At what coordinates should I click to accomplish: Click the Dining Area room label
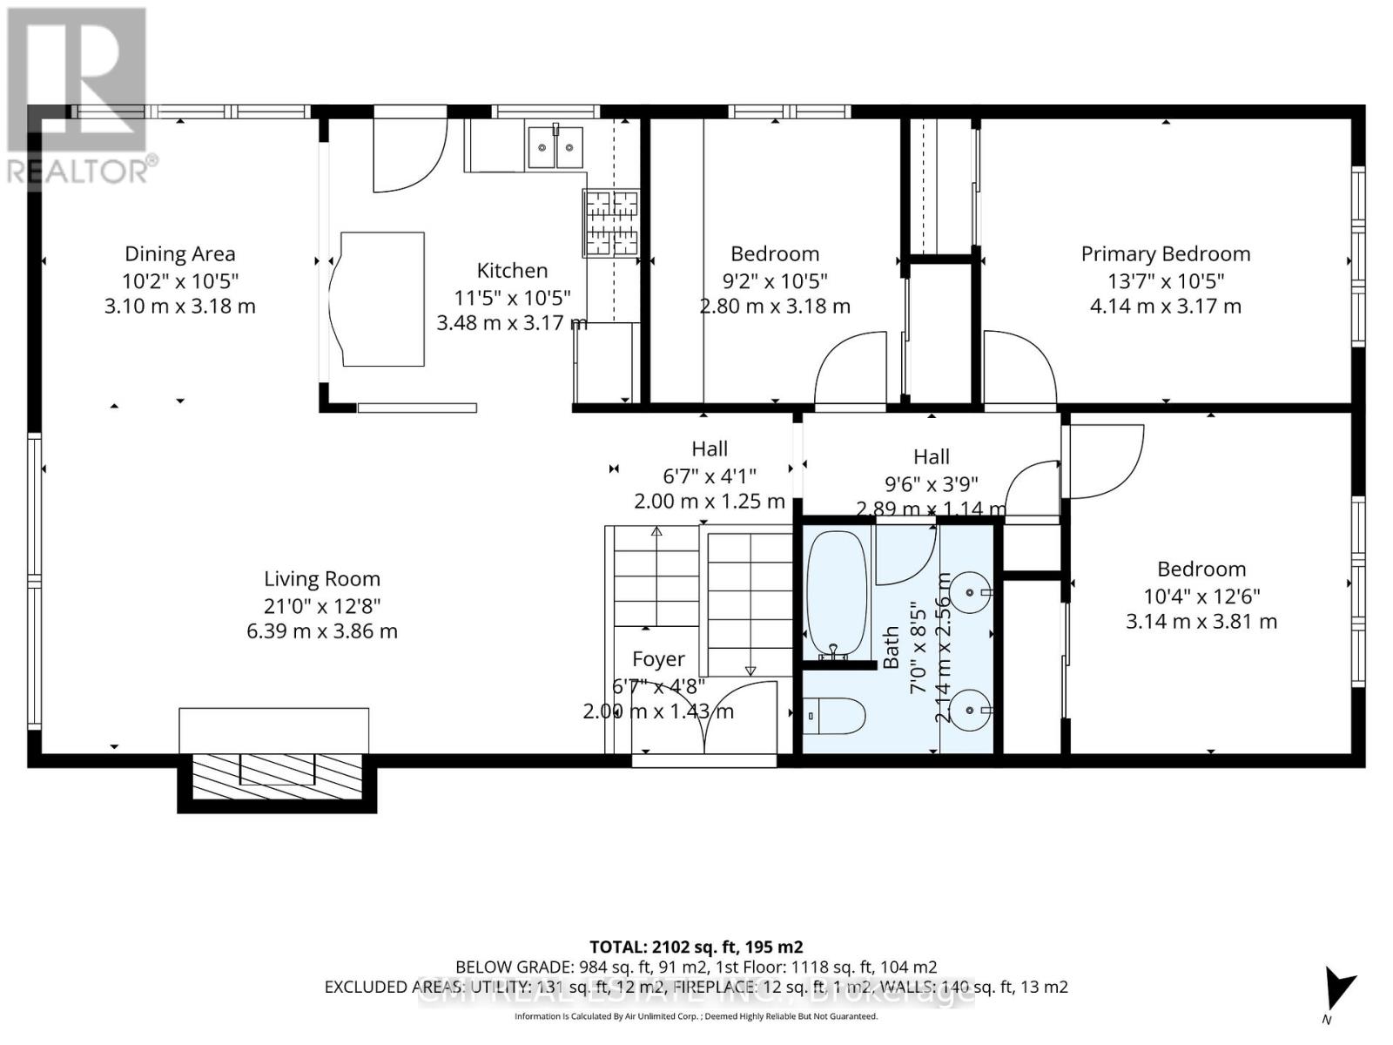179,253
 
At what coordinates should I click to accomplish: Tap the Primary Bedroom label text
1165,253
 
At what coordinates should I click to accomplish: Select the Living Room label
321,579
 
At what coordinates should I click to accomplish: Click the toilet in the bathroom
834,717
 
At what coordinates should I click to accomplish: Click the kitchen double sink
555,145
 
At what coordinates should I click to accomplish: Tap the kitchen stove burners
611,223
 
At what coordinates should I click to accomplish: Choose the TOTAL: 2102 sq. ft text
696,947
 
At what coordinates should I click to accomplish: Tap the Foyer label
658,659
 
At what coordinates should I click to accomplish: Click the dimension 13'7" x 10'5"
1165,280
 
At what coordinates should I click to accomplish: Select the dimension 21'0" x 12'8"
321,605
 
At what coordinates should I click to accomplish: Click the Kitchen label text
512,270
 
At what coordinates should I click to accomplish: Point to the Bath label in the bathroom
891,647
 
